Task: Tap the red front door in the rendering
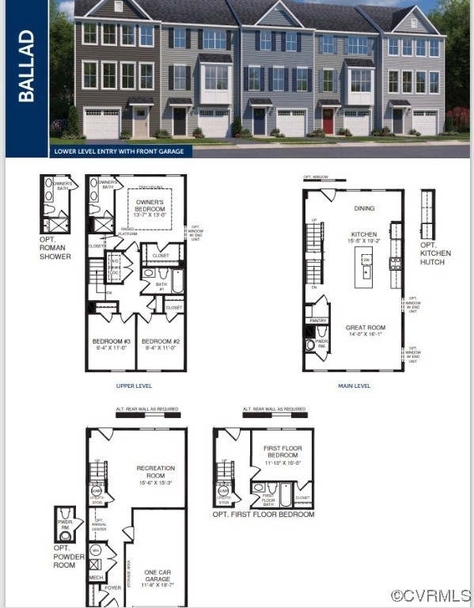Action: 328,122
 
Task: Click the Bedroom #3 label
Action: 112,344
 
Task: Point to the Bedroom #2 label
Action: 162,344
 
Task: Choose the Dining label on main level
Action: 364,208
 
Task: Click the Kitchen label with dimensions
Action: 364,237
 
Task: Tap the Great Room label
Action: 365,330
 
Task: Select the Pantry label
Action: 319,321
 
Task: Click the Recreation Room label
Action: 155,472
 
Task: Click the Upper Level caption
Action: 134,386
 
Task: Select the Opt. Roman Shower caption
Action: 55,248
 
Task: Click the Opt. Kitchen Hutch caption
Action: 435,256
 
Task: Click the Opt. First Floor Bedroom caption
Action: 264,515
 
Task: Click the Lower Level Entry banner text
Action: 119,150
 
